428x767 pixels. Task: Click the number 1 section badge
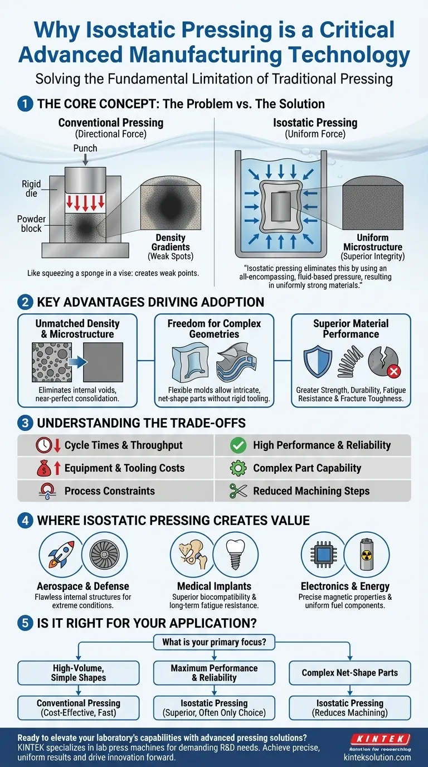click(25, 105)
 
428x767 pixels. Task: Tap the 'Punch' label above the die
click(85, 148)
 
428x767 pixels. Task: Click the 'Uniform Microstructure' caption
click(372, 242)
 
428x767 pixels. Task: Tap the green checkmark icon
click(238, 445)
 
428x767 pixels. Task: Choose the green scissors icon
click(238, 491)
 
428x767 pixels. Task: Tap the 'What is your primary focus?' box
click(214, 642)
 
